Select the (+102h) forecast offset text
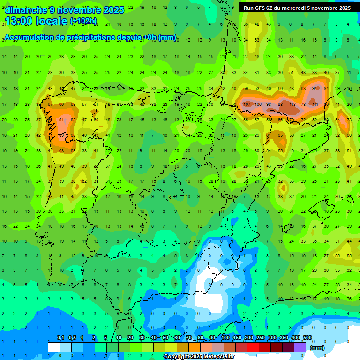tap(83, 21)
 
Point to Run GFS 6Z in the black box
tap(259, 8)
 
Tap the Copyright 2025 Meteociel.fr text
tap(198, 357)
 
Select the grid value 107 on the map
tap(246, 104)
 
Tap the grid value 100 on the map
tap(257, 104)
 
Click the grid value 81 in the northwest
tap(61, 120)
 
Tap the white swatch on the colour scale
tap(54, 347)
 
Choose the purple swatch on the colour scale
tap(300, 347)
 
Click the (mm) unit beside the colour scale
tap(317, 348)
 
